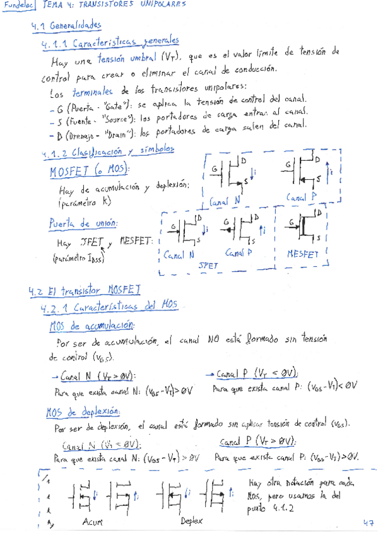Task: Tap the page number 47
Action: click(368, 522)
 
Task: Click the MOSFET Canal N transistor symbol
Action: click(233, 172)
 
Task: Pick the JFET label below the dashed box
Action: click(208, 266)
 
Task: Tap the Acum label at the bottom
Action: click(93, 522)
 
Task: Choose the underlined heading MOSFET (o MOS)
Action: click(88, 170)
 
